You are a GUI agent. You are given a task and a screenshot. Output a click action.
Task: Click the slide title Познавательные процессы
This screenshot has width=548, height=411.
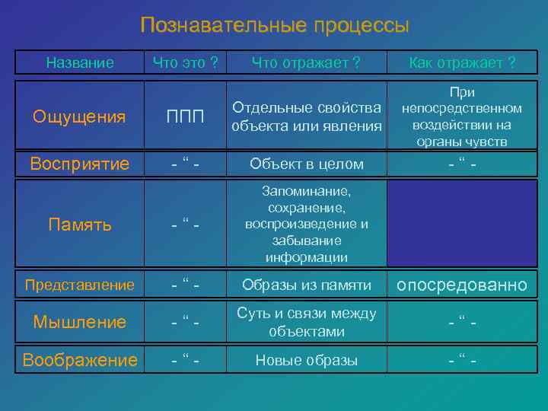point(274,25)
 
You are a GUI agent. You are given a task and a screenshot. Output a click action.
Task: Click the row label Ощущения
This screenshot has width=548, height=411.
point(80,116)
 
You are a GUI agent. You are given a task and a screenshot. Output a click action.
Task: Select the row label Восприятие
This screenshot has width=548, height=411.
point(80,164)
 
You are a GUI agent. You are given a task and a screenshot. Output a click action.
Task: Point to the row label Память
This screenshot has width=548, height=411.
point(80,225)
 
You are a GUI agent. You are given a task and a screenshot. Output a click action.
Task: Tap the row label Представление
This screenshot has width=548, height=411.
point(80,285)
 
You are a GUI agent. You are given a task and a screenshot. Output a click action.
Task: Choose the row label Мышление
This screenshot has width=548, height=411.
point(80,322)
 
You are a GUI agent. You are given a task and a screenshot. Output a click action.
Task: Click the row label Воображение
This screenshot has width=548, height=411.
point(80,360)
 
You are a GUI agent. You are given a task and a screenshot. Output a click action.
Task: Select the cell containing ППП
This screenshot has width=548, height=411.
point(186,116)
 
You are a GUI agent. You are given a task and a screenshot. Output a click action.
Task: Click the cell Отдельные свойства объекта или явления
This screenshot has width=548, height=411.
point(306,116)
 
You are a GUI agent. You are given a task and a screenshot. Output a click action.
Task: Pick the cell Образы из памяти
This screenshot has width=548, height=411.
point(306,285)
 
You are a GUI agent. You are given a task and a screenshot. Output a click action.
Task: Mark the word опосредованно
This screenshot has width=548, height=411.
point(463,285)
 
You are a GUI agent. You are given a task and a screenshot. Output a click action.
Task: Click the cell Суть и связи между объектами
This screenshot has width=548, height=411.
point(306,322)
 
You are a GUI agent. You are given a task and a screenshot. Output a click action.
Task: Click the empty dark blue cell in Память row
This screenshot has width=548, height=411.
point(462,225)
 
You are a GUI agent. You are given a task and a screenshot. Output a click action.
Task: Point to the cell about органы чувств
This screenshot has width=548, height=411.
point(462,116)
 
